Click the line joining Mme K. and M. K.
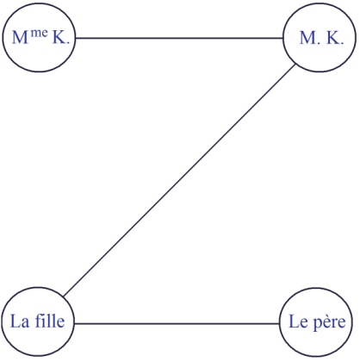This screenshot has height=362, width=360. [x=179, y=38]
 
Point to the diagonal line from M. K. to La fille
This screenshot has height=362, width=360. [x=179, y=180]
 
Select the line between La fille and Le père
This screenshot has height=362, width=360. [x=177, y=323]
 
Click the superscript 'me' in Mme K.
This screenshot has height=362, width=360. [x=40, y=33]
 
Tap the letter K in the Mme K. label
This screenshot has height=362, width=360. [x=59, y=37]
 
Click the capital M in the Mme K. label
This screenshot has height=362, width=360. [x=21, y=37]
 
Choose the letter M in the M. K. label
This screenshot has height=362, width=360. [x=308, y=38]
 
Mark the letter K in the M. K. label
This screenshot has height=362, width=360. [x=333, y=38]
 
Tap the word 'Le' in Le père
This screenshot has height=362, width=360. [x=298, y=321]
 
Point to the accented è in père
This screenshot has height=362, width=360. [x=327, y=321]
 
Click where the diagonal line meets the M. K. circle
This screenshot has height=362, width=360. [x=295, y=65]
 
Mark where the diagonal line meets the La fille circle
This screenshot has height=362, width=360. [x=63, y=296]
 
